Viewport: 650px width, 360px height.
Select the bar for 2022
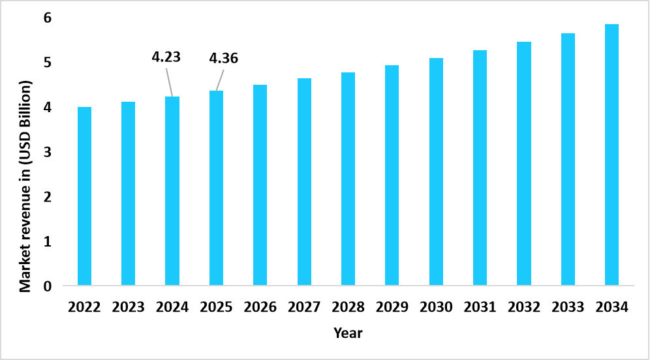click(84, 196)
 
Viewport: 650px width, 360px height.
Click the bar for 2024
click(172, 190)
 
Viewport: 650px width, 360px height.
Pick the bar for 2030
click(436, 172)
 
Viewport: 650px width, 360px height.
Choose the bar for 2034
click(611, 155)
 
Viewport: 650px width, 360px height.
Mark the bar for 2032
click(524, 163)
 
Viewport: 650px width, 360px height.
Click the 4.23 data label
click(166, 57)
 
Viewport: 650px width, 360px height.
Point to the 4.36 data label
click(223, 59)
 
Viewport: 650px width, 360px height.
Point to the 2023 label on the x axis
click(128, 307)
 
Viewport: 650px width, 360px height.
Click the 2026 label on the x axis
click(260, 307)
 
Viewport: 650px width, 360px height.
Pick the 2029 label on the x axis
click(392, 307)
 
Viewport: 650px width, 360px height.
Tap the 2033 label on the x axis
click(568, 307)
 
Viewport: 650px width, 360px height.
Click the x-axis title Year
click(348, 333)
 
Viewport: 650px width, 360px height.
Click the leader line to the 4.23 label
click(169, 82)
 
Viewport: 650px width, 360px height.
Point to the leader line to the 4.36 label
click(219, 80)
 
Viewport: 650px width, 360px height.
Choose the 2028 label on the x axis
click(348, 307)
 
